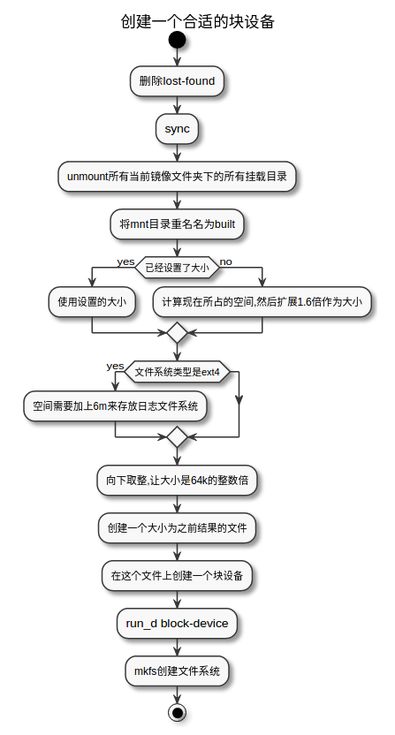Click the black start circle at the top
tap(178, 40)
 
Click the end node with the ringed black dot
tap(178, 713)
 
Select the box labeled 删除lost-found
tap(177, 81)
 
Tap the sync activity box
tap(177, 129)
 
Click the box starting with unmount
tap(177, 177)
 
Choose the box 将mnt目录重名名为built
tap(177, 224)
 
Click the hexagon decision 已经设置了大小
tap(178, 268)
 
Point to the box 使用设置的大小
tap(92, 301)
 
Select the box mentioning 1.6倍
tap(262, 301)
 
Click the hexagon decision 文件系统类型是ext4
tap(178, 372)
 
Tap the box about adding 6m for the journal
tap(116, 406)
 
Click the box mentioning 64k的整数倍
tap(177, 480)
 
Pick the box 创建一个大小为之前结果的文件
tap(177, 527)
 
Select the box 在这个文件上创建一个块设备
tap(177, 575)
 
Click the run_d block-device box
tap(177, 624)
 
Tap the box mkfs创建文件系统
tap(177, 671)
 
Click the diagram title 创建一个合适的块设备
tap(198, 21)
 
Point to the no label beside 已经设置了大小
tap(225, 262)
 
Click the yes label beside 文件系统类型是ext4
tap(115, 366)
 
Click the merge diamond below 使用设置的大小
tap(178, 332)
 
